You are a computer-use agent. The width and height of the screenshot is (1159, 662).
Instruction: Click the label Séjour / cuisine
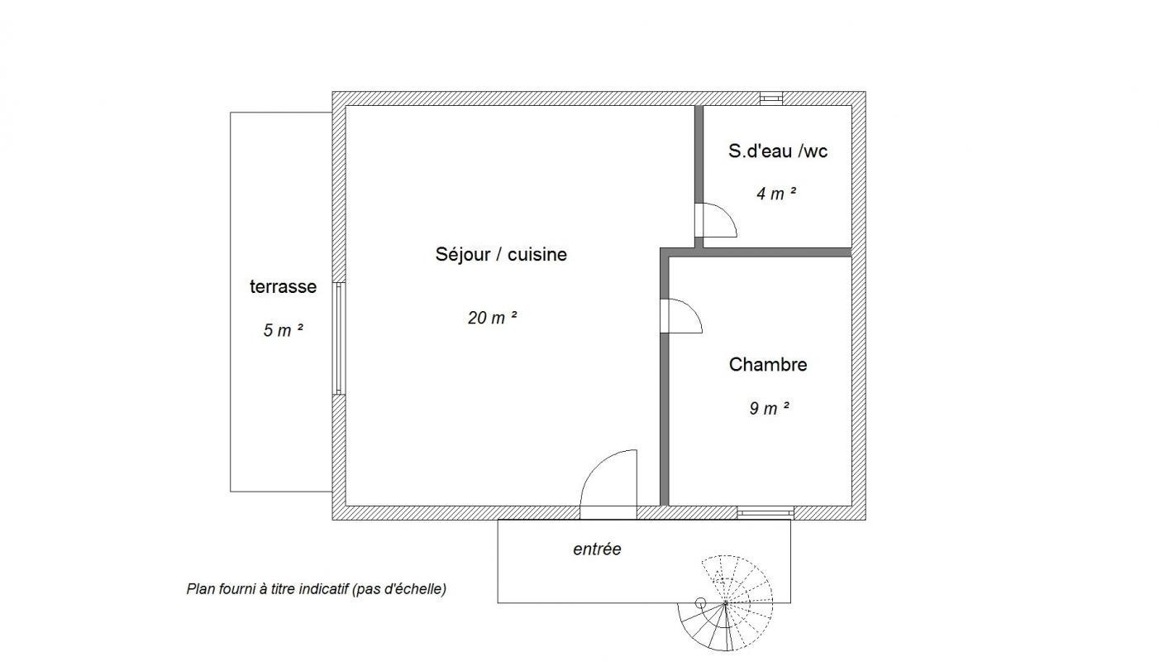coord(501,254)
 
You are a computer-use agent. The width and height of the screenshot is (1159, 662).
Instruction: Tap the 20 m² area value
coord(492,318)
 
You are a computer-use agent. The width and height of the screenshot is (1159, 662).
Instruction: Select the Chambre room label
coord(768,365)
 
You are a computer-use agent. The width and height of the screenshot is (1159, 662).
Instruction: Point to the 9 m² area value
coord(769,408)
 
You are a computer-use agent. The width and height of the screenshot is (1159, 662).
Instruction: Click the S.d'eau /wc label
coord(778,151)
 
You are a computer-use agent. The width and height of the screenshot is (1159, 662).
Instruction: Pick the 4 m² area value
coord(776,194)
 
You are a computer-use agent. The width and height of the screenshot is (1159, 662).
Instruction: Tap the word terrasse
coord(283,286)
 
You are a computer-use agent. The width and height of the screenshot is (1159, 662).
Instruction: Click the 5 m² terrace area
coord(283,330)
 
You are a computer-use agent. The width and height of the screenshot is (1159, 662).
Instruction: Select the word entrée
coord(597,549)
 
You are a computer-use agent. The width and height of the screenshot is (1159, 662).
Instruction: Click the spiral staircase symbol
coord(726,603)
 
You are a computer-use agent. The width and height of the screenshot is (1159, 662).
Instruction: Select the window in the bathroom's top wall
coord(771,98)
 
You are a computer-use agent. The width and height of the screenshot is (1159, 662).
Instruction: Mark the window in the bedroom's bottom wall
coord(766,513)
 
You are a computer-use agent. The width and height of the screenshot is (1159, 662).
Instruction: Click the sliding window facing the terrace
coord(338,338)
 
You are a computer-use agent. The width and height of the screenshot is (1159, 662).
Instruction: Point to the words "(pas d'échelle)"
coord(399,589)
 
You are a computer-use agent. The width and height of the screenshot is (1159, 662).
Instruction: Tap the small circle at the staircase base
coord(700,603)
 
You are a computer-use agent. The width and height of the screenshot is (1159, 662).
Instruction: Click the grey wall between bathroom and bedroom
coord(774,252)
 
